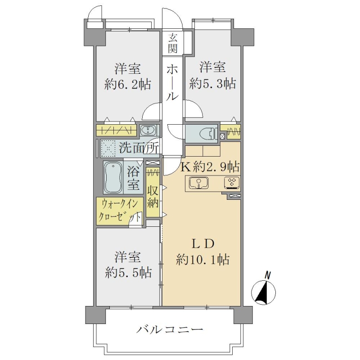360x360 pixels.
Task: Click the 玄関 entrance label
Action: coord(173,43)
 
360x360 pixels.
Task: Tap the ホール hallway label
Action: coord(172,82)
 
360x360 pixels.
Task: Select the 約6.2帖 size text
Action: coord(128,84)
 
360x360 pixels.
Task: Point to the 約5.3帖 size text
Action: coord(212,84)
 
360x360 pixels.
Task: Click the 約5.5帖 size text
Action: coord(128,273)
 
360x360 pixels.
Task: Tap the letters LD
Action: coord(203,244)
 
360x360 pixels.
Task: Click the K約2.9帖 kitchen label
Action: coord(210,167)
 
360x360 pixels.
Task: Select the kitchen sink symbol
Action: coord(199,183)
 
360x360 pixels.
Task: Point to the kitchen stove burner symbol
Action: coord(232,183)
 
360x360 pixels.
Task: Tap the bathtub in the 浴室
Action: coord(113,177)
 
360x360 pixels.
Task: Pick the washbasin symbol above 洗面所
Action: coord(148,130)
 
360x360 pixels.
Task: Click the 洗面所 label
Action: coord(139,148)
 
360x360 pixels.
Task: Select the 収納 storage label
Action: coord(153,196)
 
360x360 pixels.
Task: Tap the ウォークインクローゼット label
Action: coord(119,210)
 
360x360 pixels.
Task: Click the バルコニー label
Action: coord(170,330)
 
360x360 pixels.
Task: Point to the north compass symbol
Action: coord(263,292)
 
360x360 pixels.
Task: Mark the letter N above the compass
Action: coord(267,275)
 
